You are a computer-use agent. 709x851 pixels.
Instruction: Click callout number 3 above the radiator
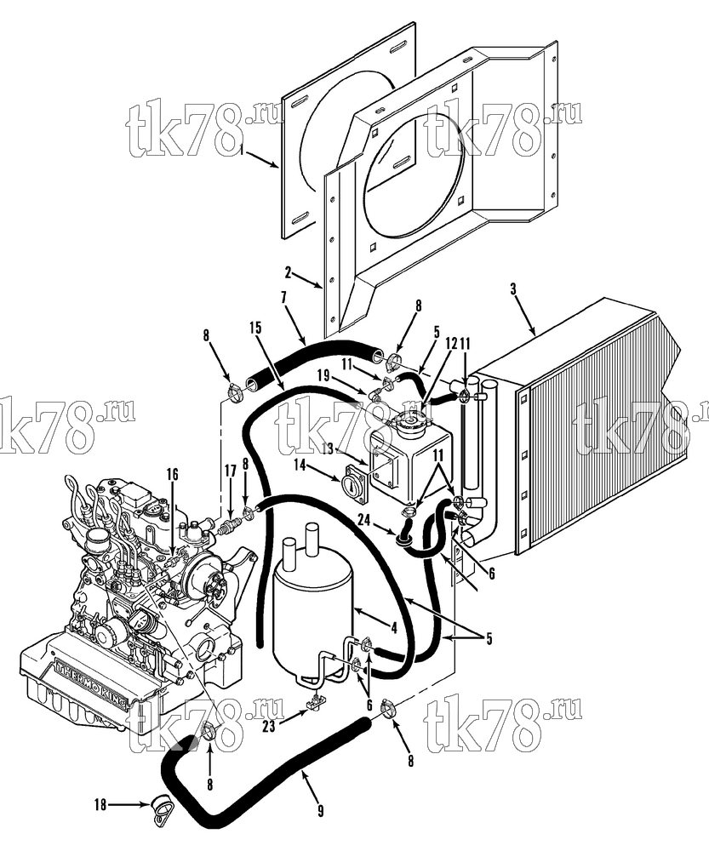(513, 288)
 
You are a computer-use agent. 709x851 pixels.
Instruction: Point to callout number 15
(255, 328)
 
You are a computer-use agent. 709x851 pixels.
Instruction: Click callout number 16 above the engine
(172, 475)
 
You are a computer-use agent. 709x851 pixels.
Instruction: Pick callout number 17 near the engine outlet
(230, 471)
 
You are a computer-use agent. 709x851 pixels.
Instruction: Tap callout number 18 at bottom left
(101, 805)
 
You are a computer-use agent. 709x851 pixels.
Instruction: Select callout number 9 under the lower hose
(320, 811)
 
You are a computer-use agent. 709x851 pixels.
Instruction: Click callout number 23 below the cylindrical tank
(269, 726)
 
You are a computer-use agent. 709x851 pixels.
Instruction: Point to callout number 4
(395, 629)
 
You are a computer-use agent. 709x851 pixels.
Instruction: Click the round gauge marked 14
(355, 482)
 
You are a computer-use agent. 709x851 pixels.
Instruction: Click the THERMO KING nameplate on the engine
(92, 685)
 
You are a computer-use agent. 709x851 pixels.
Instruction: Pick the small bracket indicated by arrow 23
(314, 703)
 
